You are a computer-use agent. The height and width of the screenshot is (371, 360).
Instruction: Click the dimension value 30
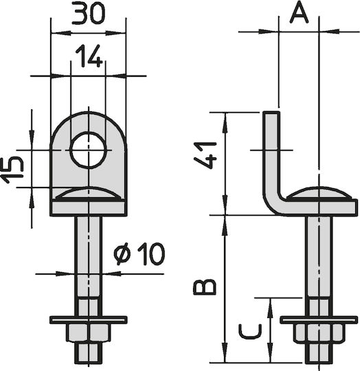pos(88,13)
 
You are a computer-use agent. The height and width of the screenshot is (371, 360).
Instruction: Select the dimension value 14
pos(89,56)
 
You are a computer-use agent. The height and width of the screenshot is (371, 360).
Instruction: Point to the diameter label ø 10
pos(139,254)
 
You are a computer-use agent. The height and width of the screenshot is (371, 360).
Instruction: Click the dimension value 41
pos(205,155)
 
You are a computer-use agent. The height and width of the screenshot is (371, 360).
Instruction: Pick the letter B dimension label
pos(205,287)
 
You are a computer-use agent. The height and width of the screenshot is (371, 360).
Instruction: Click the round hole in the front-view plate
pos(89,150)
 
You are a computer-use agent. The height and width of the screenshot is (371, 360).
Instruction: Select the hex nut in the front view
pos(89,333)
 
